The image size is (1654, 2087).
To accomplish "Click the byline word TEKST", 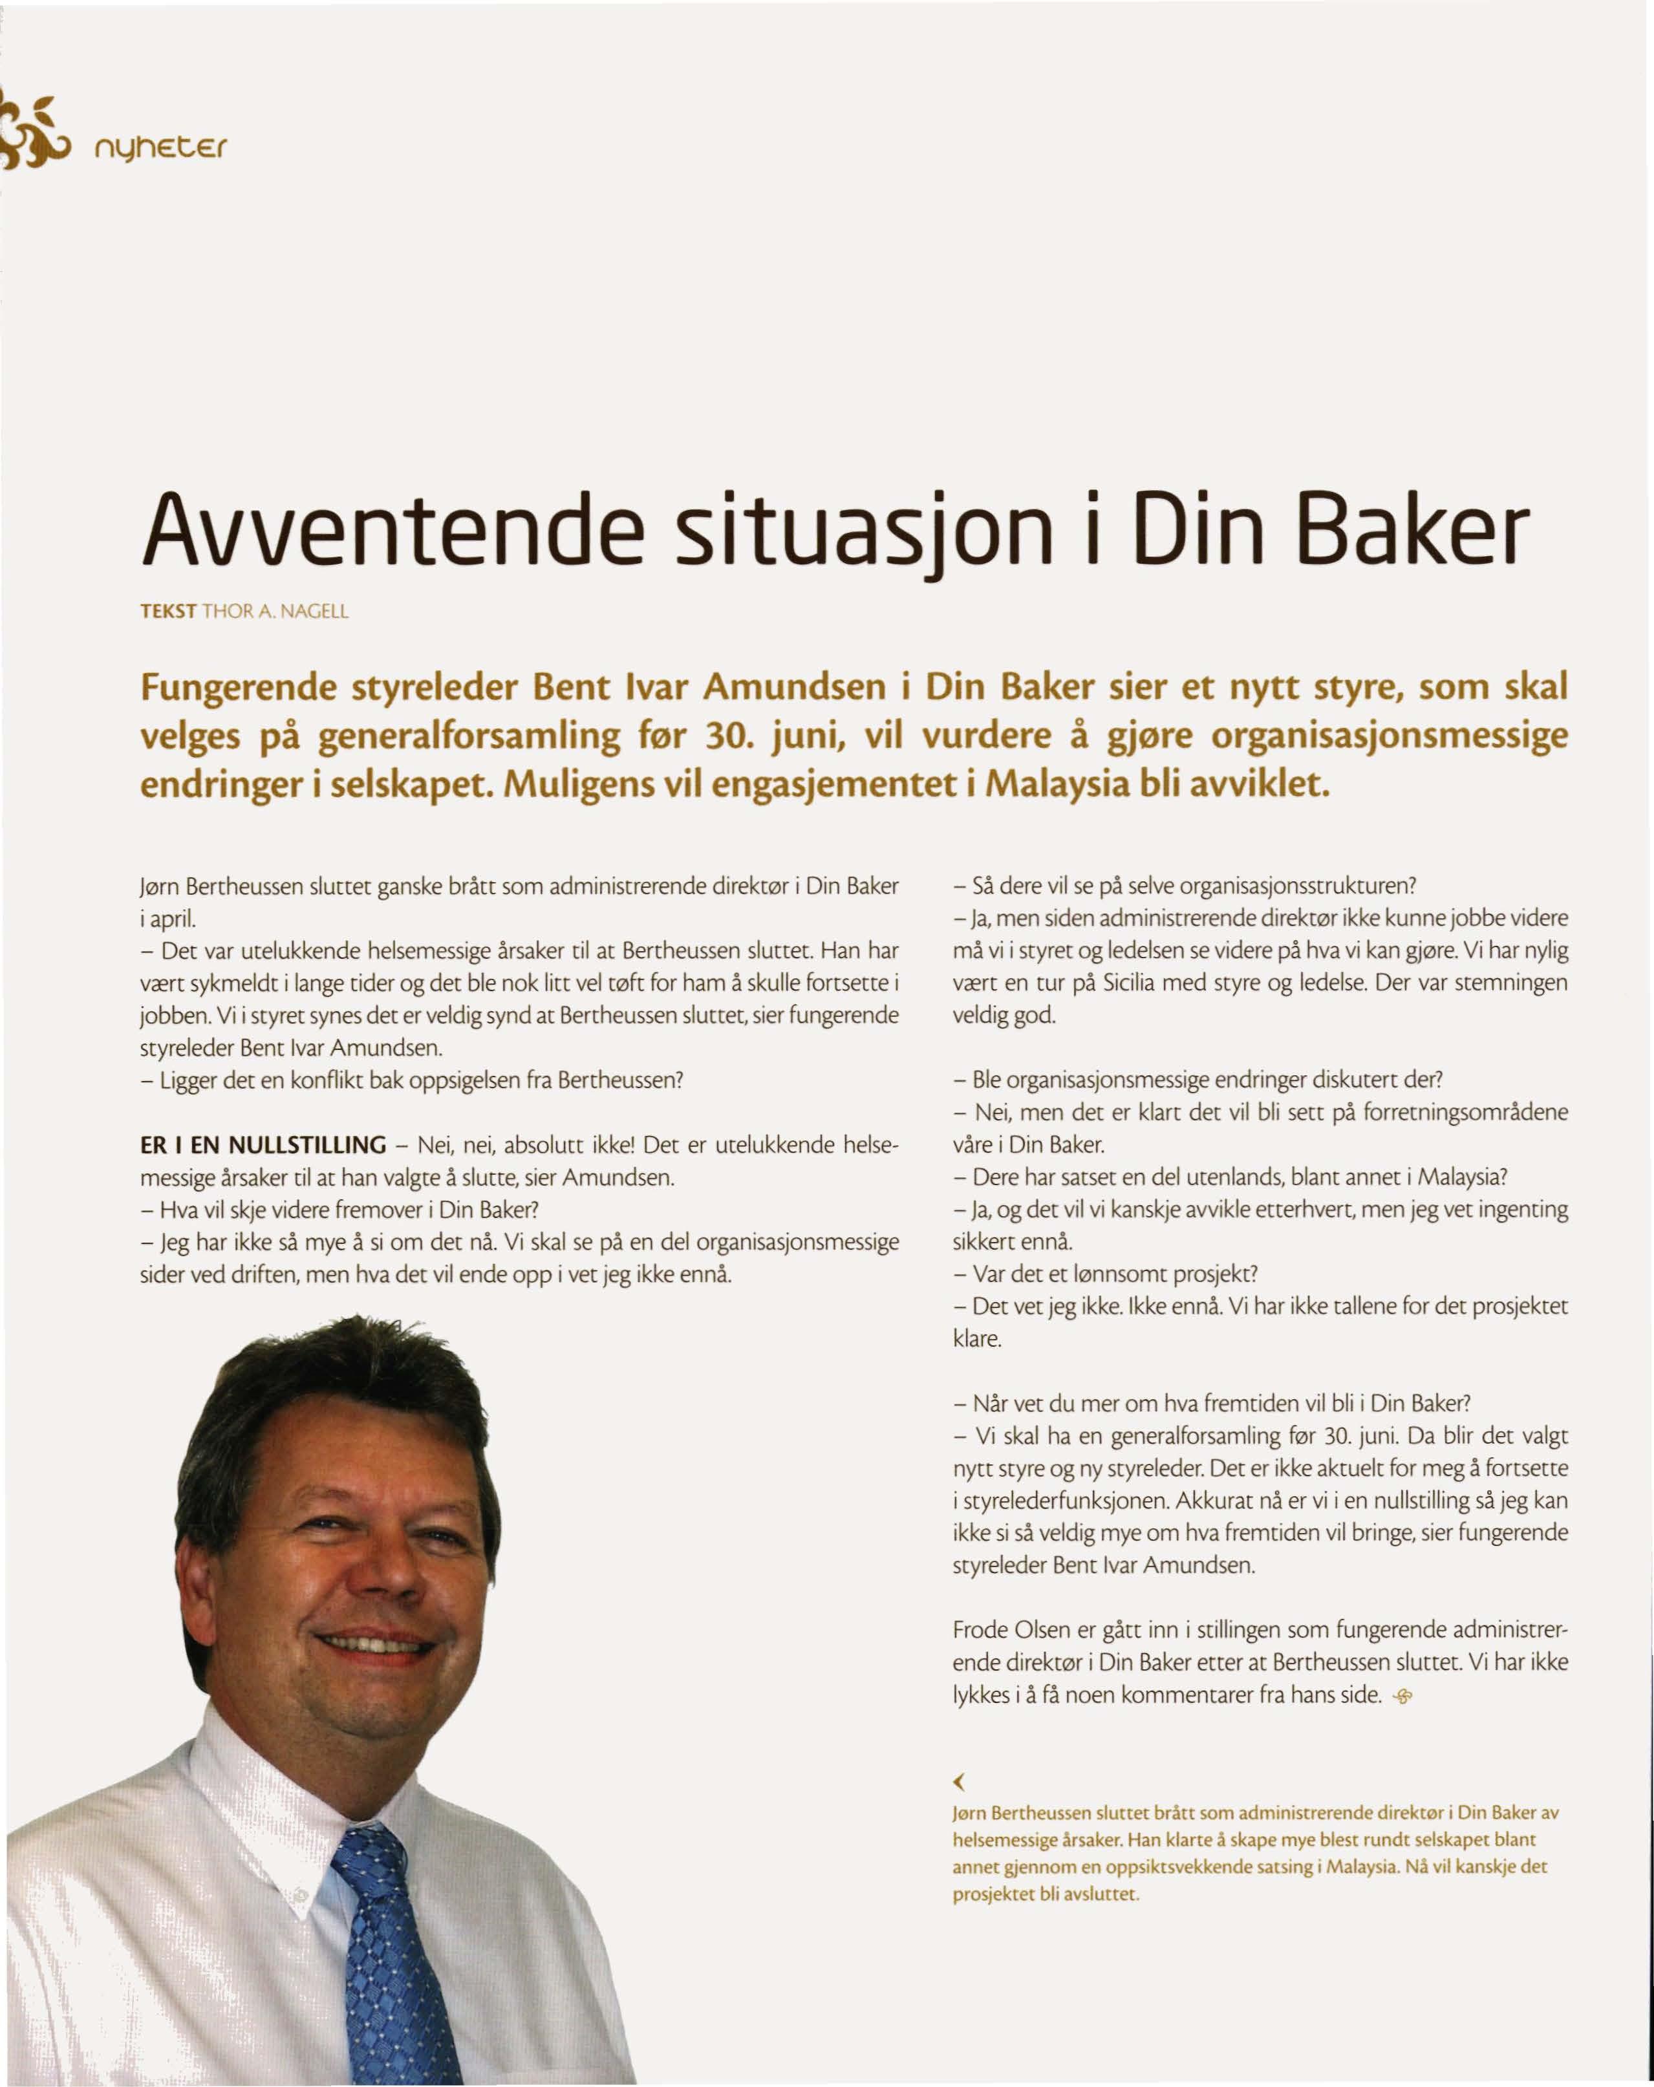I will [x=168, y=611].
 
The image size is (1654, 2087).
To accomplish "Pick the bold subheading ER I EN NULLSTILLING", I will [x=263, y=1145].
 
